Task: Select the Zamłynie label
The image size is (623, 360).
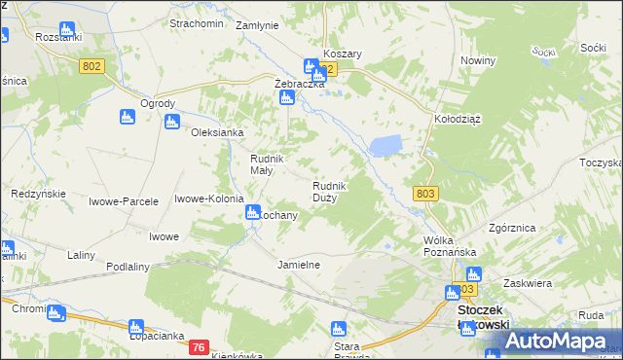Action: coord(257,26)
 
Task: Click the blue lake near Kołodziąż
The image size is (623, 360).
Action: coord(385,146)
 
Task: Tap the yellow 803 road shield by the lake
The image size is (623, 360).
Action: coord(424,194)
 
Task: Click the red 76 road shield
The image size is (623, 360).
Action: coord(199,347)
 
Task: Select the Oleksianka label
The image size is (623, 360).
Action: coord(216,132)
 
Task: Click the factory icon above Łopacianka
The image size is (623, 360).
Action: coord(136,328)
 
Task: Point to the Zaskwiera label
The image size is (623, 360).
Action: coord(529,284)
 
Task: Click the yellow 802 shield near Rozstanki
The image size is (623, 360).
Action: coord(92,64)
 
